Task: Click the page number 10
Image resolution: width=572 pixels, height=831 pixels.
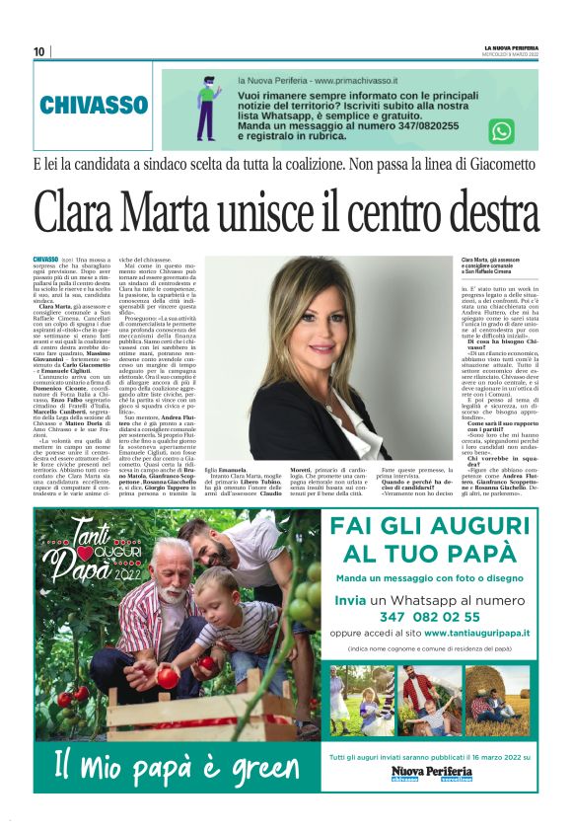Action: tap(38, 51)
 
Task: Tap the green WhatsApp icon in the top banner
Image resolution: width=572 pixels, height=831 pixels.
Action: tap(502, 130)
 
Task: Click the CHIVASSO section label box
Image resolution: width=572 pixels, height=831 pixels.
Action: tap(95, 104)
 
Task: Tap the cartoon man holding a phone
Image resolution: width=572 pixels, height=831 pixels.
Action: tap(206, 107)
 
